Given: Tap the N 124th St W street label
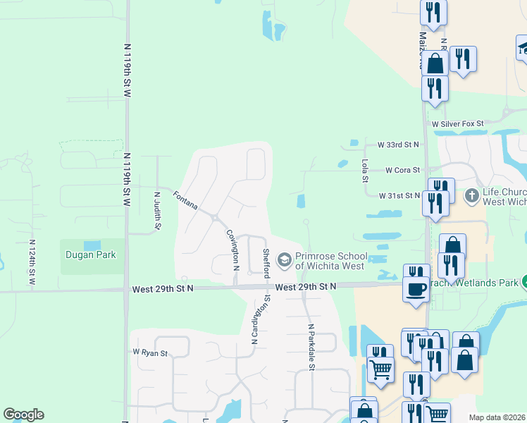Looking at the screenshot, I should [x=32, y=262].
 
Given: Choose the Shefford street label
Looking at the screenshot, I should [x=266, y=262].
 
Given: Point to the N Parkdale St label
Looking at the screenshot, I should [x=310, y=346].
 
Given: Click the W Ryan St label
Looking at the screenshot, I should [x=150, y=352].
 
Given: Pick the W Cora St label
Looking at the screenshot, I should [x=402, y=170].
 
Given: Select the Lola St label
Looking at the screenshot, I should [x=365, y=170].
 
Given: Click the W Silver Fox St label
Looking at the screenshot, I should [x=458, y=123].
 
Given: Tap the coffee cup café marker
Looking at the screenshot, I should [x=416, y=289].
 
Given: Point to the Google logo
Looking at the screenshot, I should [x=23, y=415].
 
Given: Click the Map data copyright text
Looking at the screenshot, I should [x=497, y=417].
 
